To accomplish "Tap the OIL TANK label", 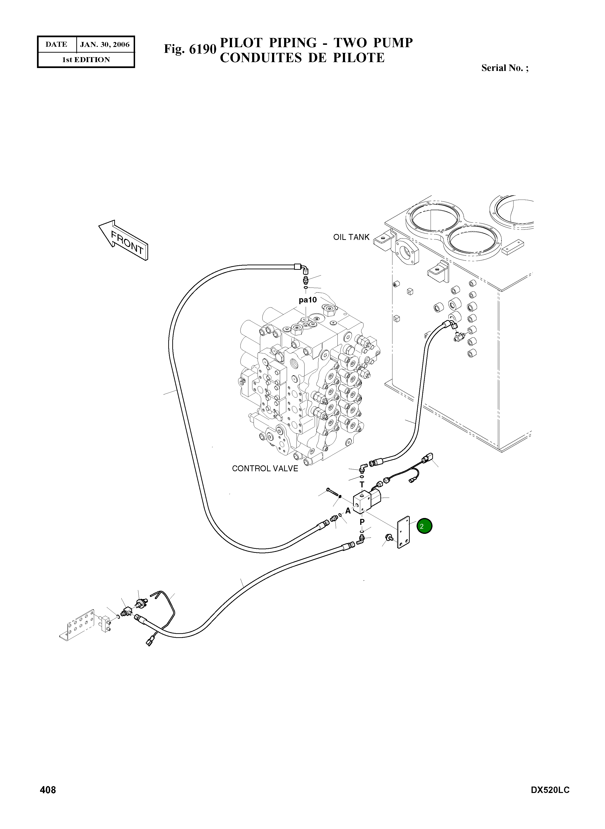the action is coord(351,237).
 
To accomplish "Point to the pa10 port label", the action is coord(308,300).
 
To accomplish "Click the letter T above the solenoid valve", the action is coord(362,485).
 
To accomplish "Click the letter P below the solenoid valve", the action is coord(362,522).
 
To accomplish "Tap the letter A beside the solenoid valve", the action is coord(348,511).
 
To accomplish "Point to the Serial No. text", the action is coord(505,68).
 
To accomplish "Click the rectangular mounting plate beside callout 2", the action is coord(404,532).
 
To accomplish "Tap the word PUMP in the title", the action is coord(393,43).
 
